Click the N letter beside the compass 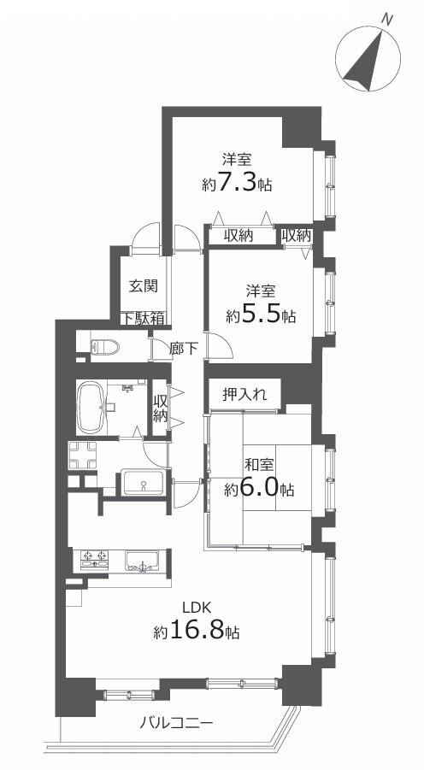coord(387,21)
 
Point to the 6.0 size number coord(259,489)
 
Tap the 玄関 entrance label coord(144,285)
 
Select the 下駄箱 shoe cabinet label coord(144,318)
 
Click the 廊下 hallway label coord(184,349)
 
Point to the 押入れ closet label coord(244,395)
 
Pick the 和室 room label coord(259,465)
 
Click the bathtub coord(91,408)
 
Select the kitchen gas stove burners coord(95,559)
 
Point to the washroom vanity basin coord(143,483)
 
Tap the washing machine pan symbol coord(83,456)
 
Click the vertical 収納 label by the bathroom coord(160,408)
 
